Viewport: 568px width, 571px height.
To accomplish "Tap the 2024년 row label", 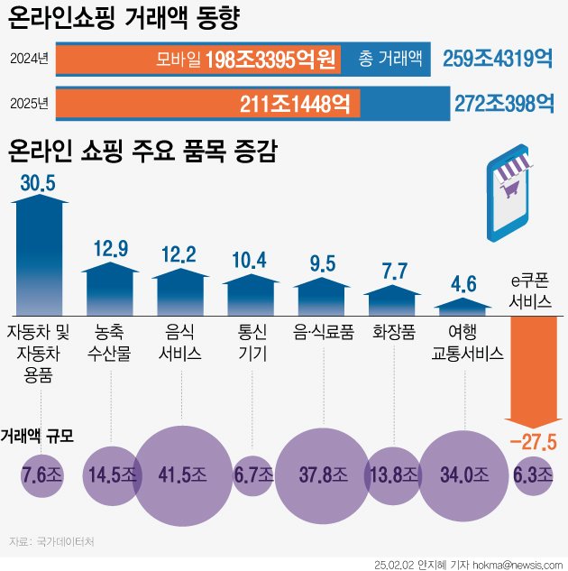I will pos(30,60).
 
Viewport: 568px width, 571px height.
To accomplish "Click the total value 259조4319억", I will pos(498,60).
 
